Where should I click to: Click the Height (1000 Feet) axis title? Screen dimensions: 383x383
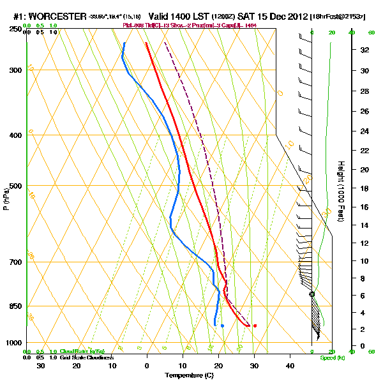tap(341, 191)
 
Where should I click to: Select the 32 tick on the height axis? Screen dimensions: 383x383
tap(363, 49)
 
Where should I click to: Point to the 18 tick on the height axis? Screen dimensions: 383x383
tap(363, 188)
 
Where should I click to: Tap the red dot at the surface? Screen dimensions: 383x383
tap(255, 326)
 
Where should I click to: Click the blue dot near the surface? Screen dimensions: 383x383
tap(222, 326)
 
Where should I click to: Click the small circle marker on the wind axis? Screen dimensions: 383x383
tap(312, 294)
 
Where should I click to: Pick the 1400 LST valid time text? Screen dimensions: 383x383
tap(181, 15)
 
